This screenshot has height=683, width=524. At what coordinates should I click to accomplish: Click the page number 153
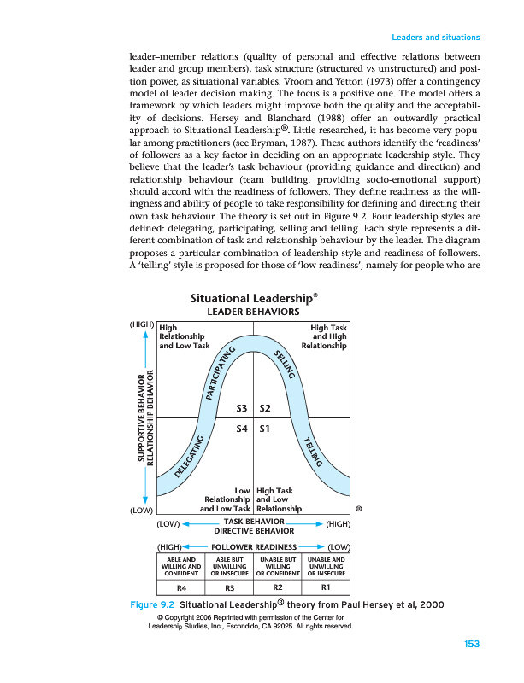pyautogui.click(x=469, y=643)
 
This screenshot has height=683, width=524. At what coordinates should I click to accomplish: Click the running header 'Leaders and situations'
pyautogui.click(x=436, y=38)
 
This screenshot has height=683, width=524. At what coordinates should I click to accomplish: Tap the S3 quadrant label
pyautogui.click(x=244, y=409)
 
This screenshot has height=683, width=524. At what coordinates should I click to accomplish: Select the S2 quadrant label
pyautogui.click(x=265, y=409)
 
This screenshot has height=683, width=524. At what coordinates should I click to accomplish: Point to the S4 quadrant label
pyautogui.click(x=244, y=429)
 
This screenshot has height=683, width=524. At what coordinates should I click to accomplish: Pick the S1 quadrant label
pyautogui.click(x=265, y=429)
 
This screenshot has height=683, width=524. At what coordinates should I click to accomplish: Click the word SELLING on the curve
pyautogui.click(x=286, y=365)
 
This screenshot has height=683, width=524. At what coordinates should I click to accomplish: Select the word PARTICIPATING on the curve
pyautogui.click(x=220, y=374)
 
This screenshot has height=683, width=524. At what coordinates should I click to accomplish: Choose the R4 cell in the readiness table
pyautogui.click(x=181, y=587)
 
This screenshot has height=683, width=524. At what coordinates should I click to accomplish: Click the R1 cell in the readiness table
pyautogui.click(x=325, y=587)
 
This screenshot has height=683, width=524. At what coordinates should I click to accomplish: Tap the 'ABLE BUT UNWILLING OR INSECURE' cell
pyautogui.click(x=229, y=566)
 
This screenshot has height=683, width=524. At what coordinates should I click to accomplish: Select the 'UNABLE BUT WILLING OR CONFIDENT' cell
pyautogui.click(x=277, y=566)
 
